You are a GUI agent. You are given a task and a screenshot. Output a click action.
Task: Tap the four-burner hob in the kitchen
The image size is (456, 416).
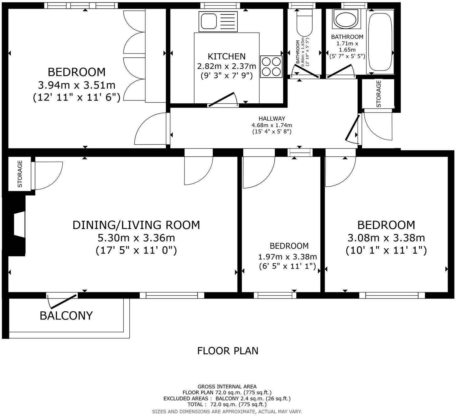point(271,66)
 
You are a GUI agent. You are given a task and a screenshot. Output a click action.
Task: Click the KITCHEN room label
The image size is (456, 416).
point(227,56)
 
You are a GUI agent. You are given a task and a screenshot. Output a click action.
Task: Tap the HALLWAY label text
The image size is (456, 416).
point(272,119)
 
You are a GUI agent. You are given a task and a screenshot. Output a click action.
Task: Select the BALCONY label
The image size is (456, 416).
point(66,315)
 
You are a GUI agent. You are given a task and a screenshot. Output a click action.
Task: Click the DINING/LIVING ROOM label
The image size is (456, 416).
point(136,225)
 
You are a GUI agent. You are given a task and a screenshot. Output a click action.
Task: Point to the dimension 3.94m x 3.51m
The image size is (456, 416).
point(77,85)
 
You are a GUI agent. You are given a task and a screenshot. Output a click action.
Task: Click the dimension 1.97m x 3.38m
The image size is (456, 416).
point(288,257)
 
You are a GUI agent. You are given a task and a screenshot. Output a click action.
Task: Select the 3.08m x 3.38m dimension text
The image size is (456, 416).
point(386,238)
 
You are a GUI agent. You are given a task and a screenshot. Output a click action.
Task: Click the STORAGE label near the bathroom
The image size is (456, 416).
point(378,94)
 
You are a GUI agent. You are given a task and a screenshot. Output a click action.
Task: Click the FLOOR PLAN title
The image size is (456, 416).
point(228,351)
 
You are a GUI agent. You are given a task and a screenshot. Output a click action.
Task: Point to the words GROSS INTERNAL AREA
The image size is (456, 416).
point(227,387)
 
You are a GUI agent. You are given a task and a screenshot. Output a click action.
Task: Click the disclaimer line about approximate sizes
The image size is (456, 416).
point(227,411)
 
